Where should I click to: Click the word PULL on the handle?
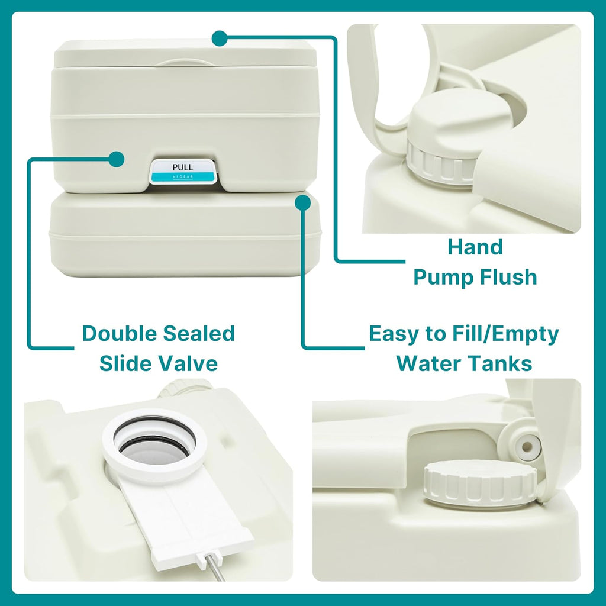[182, 167]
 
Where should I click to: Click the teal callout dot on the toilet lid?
[219, 38]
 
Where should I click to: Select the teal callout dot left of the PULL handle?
[117, 159]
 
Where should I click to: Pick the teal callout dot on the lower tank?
[303, 202]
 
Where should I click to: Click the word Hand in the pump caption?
[475, 247]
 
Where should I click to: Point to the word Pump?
[443, 277]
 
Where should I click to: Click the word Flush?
[508, 277]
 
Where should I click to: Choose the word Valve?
[188, 363]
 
